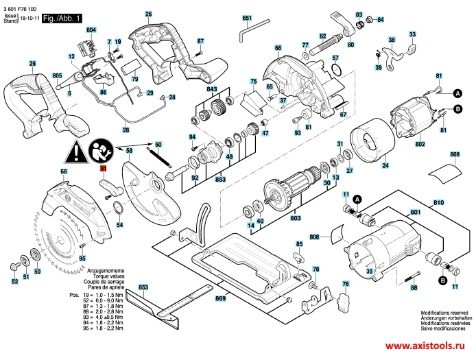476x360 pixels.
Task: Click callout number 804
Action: point(91,31)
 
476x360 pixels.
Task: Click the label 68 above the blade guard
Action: point(64,171)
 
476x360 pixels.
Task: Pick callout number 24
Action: point(385,165)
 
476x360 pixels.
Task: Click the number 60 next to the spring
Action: point(158,144)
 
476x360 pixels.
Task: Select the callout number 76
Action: point(346,284)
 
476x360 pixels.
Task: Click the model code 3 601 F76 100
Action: point(21,4)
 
